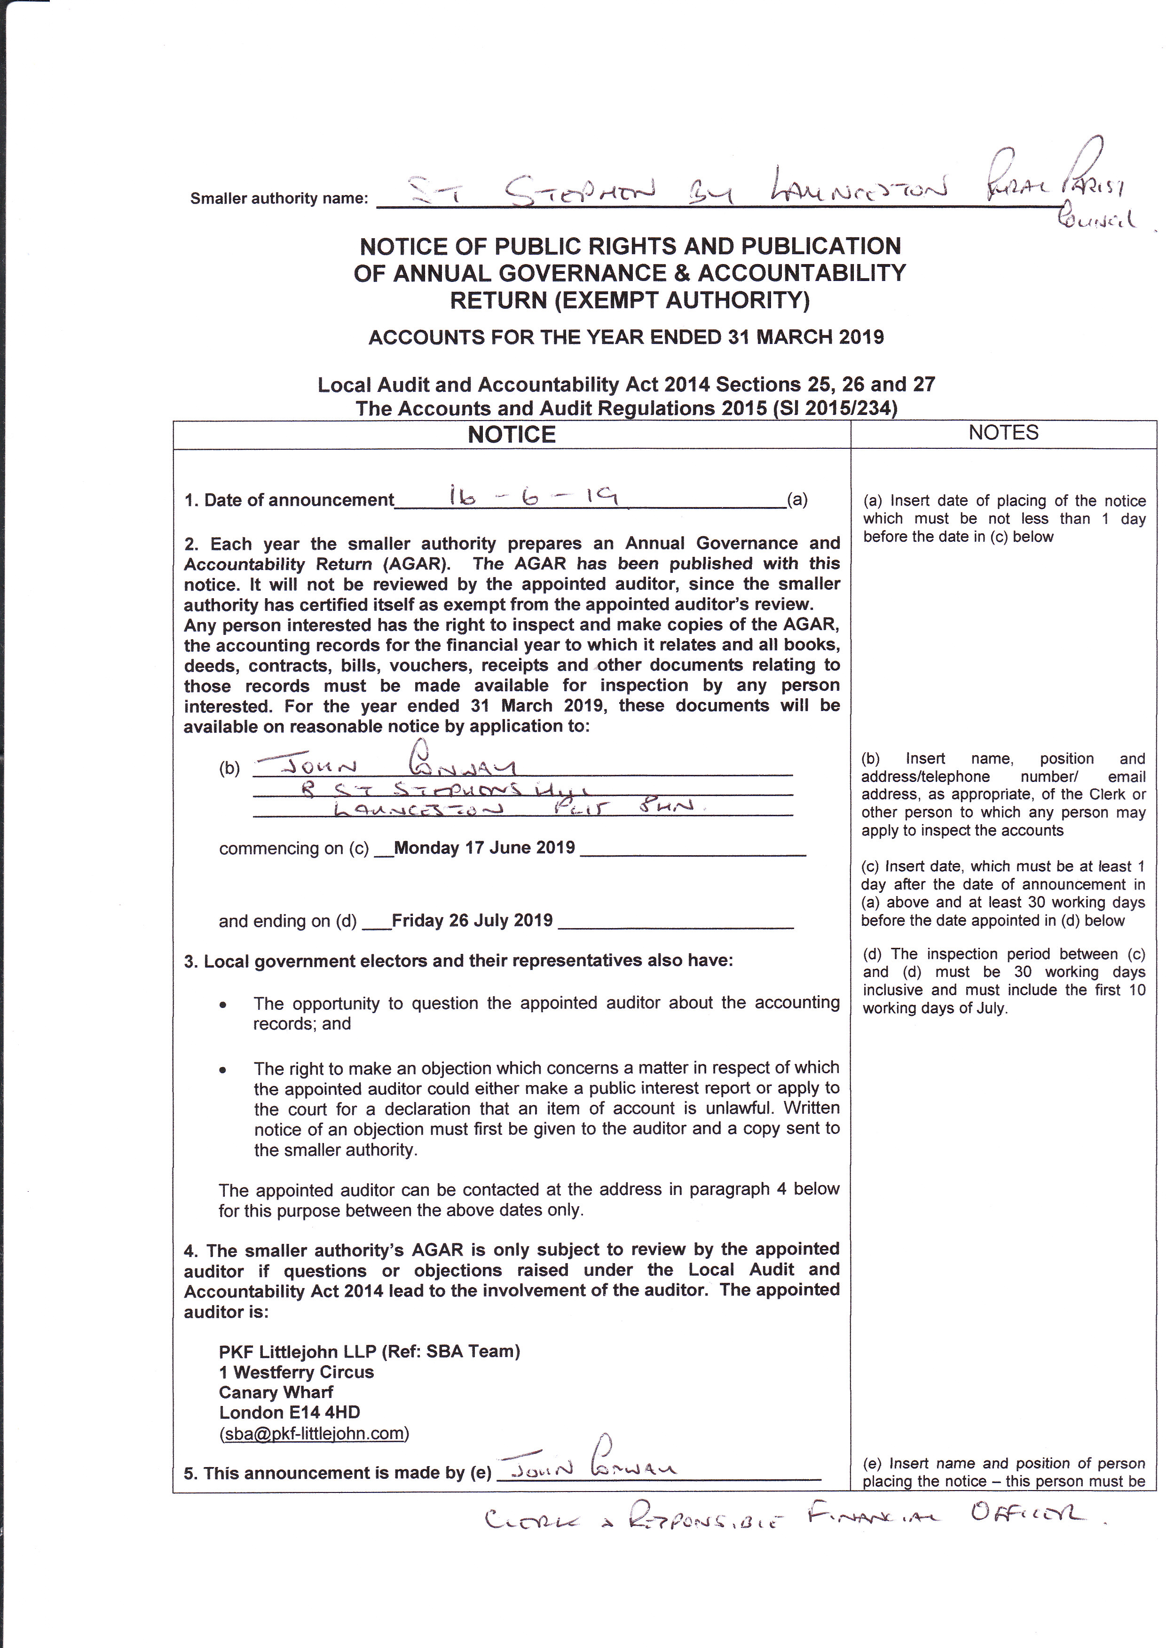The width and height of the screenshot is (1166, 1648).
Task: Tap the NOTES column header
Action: click(x=1003, y=433)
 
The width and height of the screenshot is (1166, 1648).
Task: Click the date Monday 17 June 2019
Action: click(x=485, y=848)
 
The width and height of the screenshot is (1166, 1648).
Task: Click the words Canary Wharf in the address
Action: click(x=276, y=1392)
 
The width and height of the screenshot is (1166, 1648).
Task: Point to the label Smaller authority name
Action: click(x=279, y=199)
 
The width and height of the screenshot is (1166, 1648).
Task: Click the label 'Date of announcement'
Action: click(x=289, y=500)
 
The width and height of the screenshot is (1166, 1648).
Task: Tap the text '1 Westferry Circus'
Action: click(x=297, y=1372)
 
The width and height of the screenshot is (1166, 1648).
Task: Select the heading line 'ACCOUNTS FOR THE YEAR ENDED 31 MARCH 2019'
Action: click(x=626, y=337)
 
